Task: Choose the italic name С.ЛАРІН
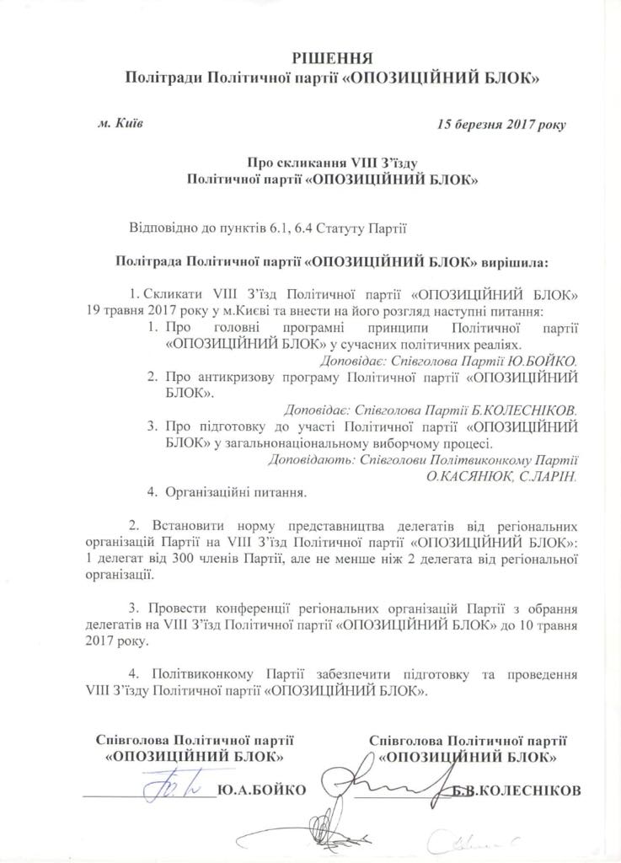549,476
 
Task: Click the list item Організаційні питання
237,490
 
